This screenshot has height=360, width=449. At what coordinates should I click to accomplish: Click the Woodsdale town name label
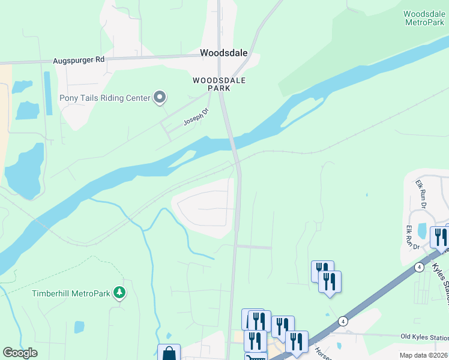pos(223,53)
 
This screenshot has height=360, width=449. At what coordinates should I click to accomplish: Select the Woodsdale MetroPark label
pos(424,18)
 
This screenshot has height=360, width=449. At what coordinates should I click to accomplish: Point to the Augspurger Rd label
pos(79,59)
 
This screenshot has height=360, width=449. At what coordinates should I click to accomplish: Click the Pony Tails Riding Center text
pos(104,98)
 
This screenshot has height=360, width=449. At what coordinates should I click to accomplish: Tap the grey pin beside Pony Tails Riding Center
pos(160,97)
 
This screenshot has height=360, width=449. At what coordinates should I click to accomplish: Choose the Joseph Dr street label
pos(195,116)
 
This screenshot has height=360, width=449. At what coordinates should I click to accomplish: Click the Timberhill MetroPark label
pos(71,293)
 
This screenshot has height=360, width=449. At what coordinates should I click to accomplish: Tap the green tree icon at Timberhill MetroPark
pos(120,292)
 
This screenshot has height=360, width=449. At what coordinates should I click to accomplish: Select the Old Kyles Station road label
pos(424,338)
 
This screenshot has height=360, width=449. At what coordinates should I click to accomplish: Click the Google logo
pos(20,353)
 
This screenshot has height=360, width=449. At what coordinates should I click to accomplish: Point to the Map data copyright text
pos(423,355)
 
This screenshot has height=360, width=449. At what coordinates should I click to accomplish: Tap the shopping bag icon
pos(169,353)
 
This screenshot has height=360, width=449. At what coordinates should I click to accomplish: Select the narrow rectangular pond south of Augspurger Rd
pos(47,93)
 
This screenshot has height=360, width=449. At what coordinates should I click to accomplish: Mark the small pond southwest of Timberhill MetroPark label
pos(79,327)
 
